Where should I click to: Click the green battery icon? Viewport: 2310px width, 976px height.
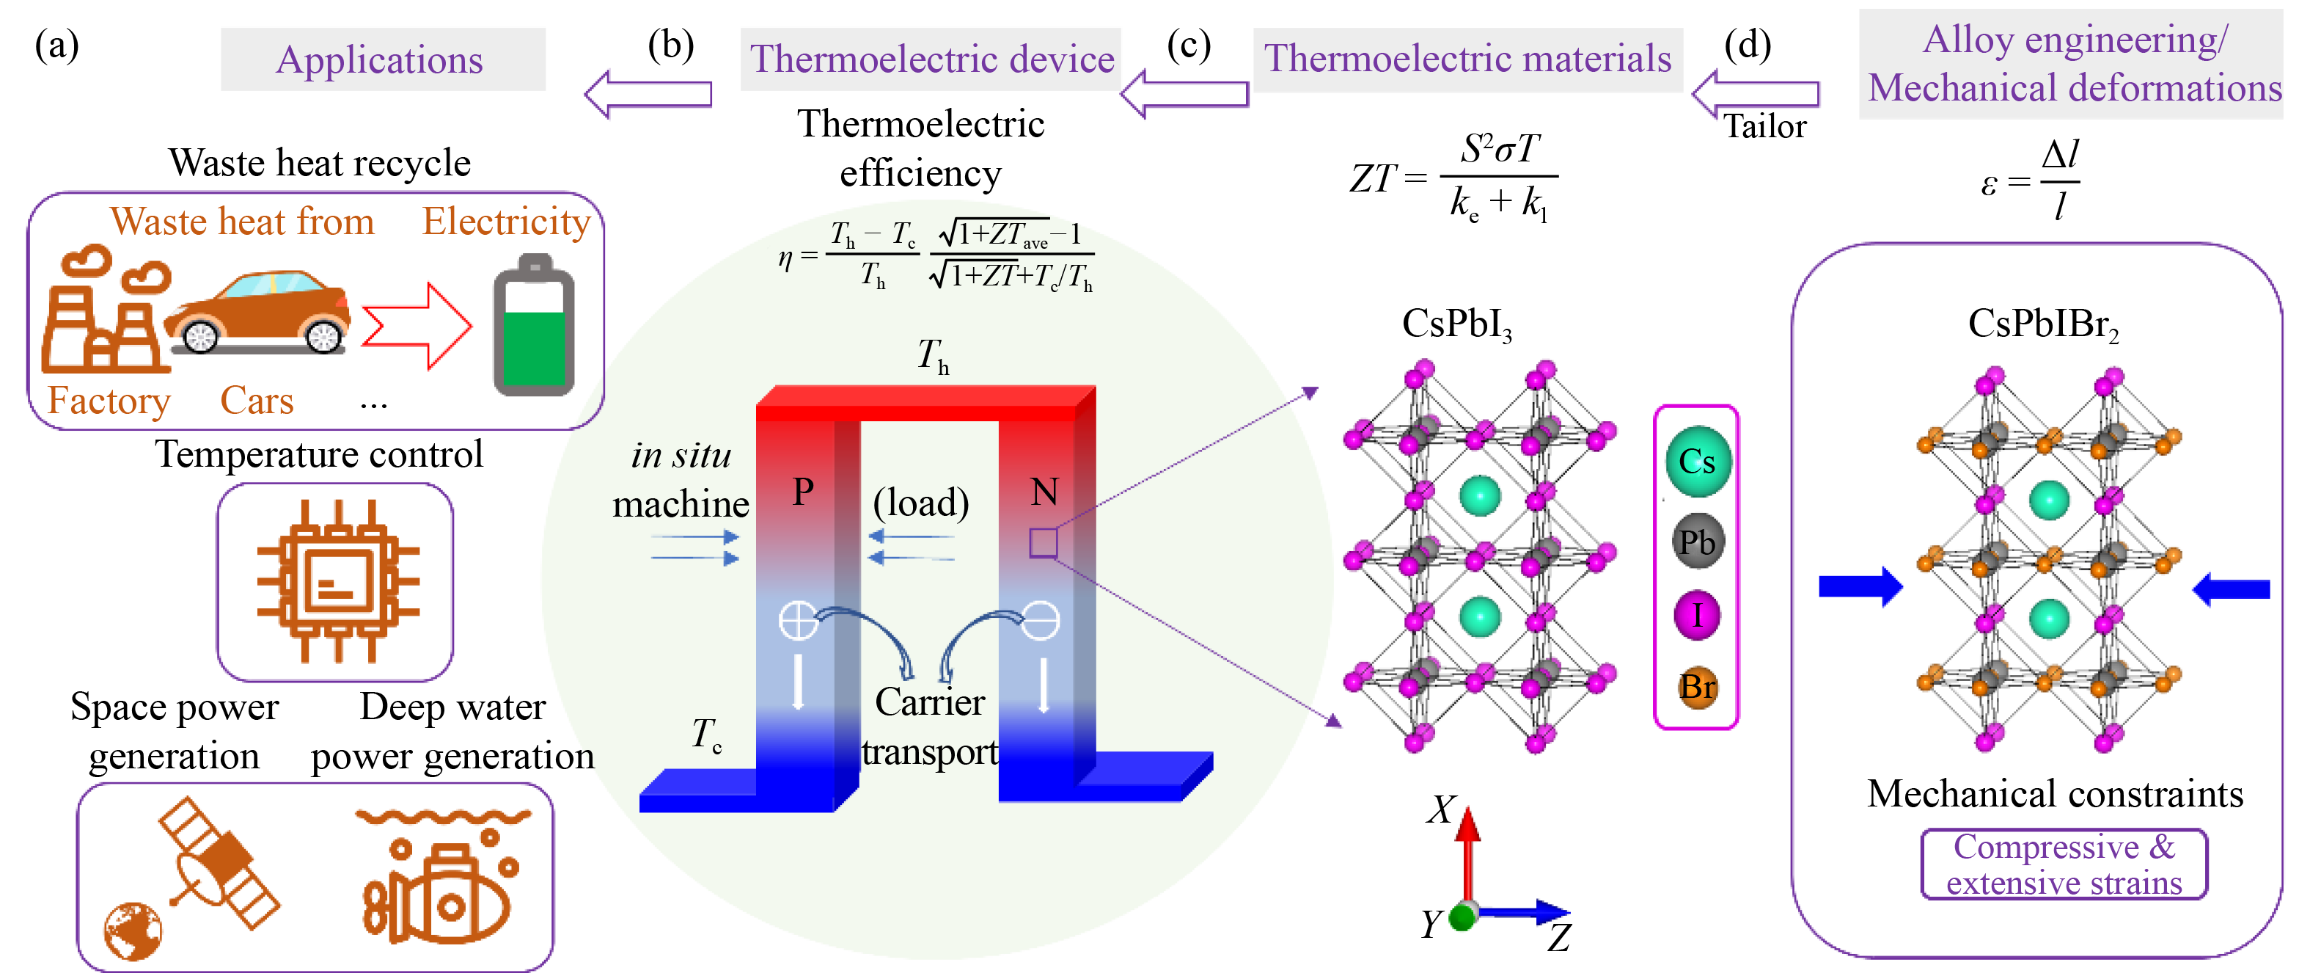pos(534,327)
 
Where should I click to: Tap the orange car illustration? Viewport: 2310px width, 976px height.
pos(258,312)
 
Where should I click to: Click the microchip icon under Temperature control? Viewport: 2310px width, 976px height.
pos(337,581)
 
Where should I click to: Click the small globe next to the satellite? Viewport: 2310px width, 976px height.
pos(133,931)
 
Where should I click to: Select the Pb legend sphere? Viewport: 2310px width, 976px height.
pos(1698,542)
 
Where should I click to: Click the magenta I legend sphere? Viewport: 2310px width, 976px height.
pos(1698,616)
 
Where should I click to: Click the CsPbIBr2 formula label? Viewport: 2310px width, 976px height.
pos(2043,325)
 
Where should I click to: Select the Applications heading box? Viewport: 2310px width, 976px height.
pos(383,59)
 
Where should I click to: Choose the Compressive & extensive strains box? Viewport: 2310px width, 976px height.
pos(2064,864)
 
